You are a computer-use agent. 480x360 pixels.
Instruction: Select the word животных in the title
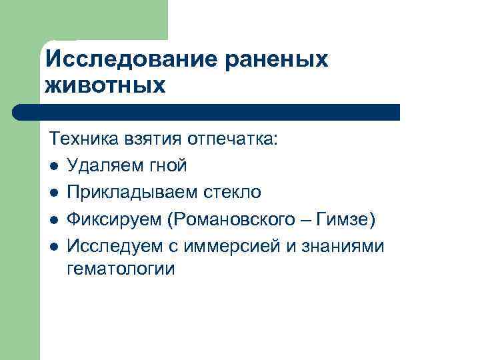[105, 86]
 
